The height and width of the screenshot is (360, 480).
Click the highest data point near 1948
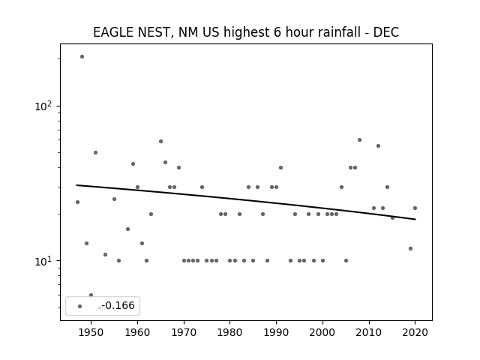click(82, 57)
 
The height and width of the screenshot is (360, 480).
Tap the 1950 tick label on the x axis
click(91, 332)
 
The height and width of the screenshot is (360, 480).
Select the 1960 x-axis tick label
click(137, 332)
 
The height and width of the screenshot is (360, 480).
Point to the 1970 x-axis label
click(184, 332)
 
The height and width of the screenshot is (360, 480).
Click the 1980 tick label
click(230, 332)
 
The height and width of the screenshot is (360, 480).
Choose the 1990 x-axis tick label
click(277, 332)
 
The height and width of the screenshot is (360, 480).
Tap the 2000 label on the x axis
click(322, 332)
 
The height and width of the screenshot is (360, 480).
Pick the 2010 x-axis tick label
click(369, 332)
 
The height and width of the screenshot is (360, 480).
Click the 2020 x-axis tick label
click(415, 332)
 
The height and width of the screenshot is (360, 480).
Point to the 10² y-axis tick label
click(43, 106)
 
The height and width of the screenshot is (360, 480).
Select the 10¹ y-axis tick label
click(43, 261)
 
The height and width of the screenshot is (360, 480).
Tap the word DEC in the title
click(386, 32)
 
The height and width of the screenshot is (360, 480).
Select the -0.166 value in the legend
click(118, 305)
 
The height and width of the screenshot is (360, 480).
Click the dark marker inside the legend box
click(80, 307)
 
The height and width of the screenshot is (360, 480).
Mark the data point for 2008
click(360, 140)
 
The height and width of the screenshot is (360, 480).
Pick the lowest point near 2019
click(410, 248)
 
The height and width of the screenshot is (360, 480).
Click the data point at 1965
click(160, 142)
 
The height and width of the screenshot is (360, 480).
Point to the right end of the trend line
click(415, 219)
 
